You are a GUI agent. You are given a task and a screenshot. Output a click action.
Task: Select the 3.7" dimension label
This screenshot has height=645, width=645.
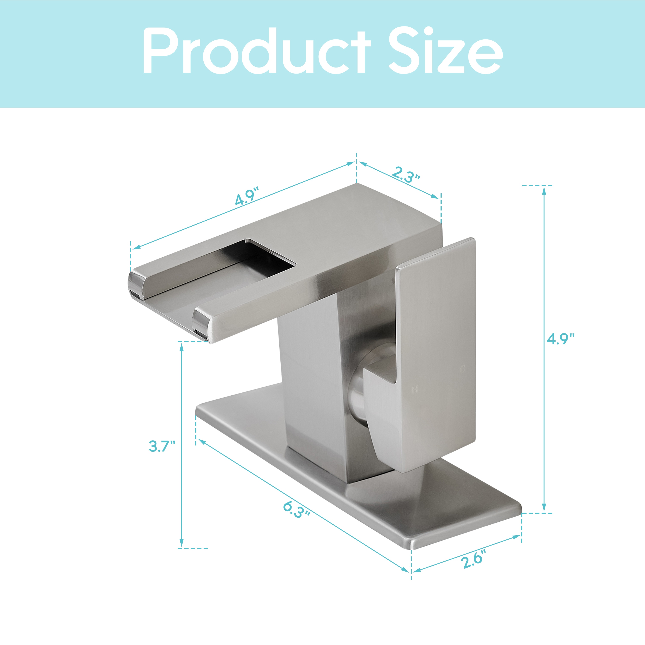[162, 446]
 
